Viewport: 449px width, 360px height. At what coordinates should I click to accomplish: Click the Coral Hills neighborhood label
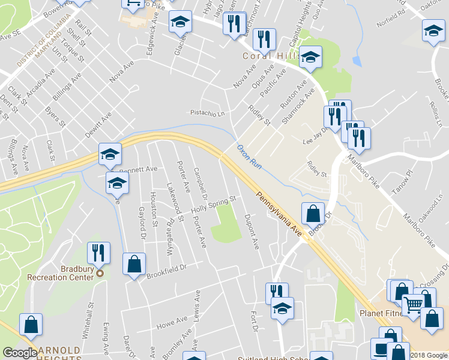pyautogui.click(x=271, y=56)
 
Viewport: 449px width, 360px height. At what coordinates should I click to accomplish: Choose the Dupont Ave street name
pyautogui.click(x=252, y=232)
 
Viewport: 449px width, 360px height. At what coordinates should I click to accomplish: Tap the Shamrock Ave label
pyautogui.click(x=298, y=106)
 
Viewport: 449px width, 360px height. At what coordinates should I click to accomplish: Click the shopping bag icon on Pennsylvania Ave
pyautogui.click(x=313, y=212)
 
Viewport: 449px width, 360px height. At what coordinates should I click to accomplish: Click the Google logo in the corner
pyautogui.click(x=20, y=353)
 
